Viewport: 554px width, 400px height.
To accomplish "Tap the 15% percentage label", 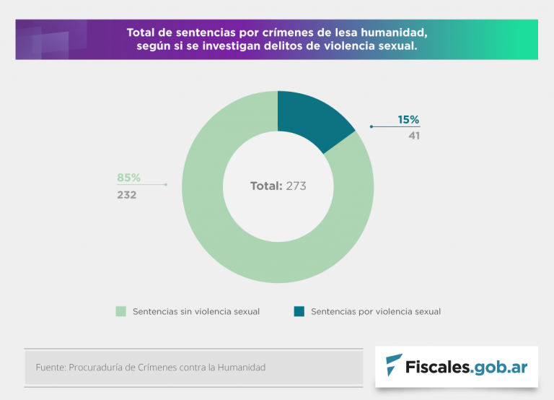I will [408, 120].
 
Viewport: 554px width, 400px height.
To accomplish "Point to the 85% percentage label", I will [128, 178].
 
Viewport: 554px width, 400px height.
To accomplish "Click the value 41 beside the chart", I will [413, 135].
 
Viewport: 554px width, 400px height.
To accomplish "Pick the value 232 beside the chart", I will [127, 194].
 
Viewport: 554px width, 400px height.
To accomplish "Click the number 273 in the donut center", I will [296, 186].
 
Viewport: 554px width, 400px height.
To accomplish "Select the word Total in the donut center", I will [265, 186].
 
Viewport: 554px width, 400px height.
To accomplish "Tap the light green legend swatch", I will [120, 311].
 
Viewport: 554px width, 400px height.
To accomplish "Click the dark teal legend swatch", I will [299, 311].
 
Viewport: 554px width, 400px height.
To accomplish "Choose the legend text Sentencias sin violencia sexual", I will [196, 311].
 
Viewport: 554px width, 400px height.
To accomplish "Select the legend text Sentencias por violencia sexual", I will [376, 311].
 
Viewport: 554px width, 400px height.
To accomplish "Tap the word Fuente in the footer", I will [50, 368].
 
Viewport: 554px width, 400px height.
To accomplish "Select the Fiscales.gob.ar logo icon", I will [394, 365].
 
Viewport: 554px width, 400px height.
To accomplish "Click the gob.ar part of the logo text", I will [501, 367].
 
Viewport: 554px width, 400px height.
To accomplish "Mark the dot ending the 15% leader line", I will [371, 126].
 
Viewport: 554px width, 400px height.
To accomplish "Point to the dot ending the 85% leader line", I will [166, 185].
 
